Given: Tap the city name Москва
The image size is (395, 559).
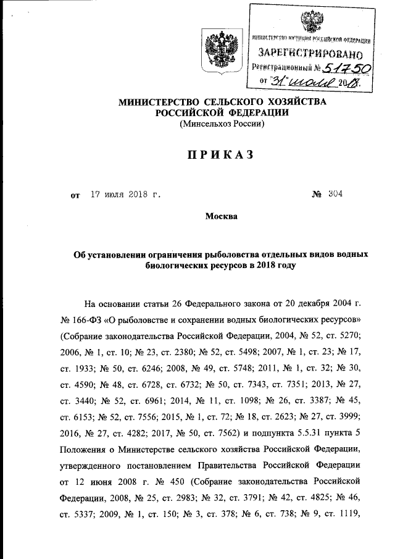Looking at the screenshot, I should click(x=220, y=216).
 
